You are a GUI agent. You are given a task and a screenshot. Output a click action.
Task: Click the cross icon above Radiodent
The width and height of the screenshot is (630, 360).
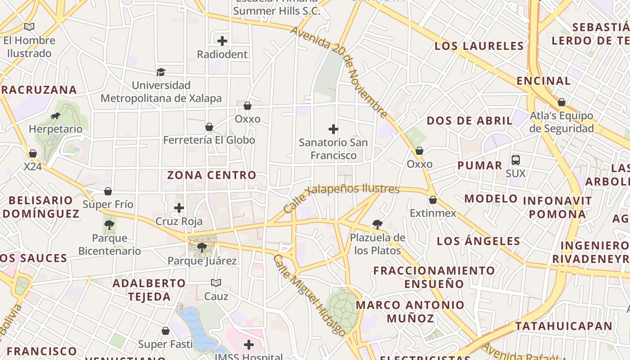tap(222, 41)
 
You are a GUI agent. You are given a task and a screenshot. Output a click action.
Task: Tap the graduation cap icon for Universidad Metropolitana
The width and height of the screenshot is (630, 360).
tap(161, 72)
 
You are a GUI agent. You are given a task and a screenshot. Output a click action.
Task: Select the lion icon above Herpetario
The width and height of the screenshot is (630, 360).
tap(55, 116)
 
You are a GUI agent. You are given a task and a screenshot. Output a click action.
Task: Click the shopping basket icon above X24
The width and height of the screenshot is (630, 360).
tap(32, 153)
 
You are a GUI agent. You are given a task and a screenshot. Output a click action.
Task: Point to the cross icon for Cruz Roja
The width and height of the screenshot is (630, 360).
tap(179, 208)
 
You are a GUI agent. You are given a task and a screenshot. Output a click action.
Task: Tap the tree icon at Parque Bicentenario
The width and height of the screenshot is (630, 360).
tap(109, 225)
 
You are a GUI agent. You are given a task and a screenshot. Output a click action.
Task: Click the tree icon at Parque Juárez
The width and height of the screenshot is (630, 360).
tap(202, 247)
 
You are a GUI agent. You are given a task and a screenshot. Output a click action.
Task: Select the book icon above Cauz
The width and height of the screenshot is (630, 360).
tap(216, 283)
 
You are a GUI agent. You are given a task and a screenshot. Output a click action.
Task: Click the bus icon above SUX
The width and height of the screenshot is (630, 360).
tap(516, 160)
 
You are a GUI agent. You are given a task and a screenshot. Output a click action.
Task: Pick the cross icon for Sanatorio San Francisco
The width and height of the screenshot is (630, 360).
tap(333, 130)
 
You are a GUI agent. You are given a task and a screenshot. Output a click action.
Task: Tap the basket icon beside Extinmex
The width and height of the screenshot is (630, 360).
tap(433, 200)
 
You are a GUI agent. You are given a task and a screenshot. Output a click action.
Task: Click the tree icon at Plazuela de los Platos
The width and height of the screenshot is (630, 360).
tap(377, 224)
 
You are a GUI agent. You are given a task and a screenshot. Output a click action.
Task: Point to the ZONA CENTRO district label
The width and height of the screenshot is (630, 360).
tap(211, 175)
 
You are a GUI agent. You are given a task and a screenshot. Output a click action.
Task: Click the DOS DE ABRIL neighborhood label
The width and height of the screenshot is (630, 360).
tap(469, 121)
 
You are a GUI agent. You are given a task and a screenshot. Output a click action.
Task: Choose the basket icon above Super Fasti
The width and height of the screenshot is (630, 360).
tap(165, 331)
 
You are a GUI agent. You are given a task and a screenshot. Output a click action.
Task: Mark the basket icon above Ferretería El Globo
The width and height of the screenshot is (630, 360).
tap(209, 127)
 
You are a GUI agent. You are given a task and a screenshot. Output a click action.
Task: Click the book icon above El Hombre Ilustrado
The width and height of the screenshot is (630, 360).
tap(29, 27)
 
